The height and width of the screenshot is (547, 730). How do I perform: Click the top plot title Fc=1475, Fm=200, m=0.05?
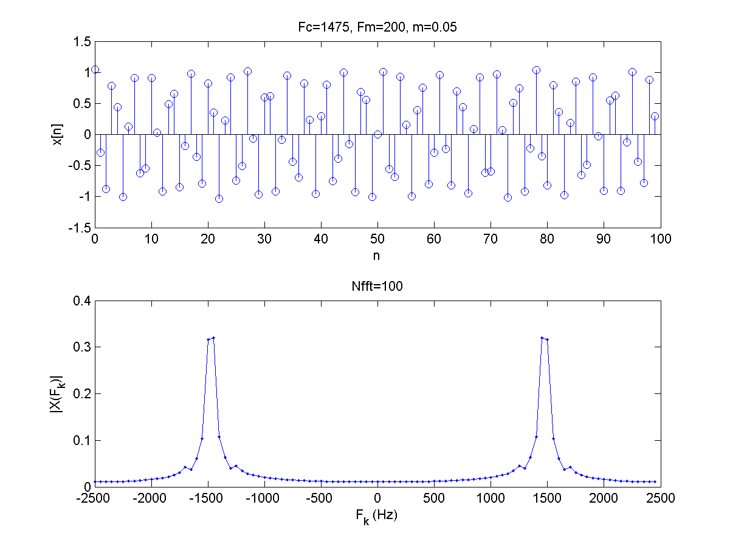point(377,27)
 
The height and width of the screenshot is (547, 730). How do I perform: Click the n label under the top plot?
point(377,256)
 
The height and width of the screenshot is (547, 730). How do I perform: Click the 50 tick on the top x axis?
point(377,239)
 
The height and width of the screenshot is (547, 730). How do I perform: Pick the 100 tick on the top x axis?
point(661,239)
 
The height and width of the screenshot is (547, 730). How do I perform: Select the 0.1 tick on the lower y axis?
point(83,440)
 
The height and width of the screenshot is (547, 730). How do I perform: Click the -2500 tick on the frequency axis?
point(95,498)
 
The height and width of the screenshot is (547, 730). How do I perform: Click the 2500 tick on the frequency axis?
point(661,498)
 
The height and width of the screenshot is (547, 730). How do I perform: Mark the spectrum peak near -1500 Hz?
point(213,338)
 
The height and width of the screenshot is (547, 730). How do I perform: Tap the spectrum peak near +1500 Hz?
point(542,338)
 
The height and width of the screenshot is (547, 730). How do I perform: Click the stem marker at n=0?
point(95,70)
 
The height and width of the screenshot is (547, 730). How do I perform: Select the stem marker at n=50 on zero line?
point(377,134)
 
